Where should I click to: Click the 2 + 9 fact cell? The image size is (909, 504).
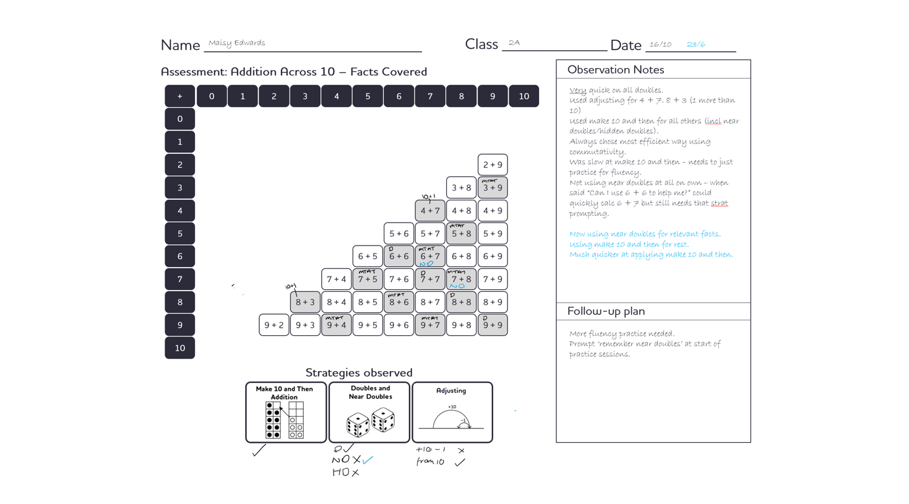coord(493,165)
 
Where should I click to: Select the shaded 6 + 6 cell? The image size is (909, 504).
coord(398,256)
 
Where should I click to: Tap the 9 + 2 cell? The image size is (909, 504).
coord(274,325)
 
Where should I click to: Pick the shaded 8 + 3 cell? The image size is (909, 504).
coord(305,302)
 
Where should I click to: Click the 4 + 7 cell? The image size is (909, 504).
coord(430,211)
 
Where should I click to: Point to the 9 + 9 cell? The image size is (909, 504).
coord(493,325)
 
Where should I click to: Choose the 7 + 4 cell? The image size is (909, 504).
coord(336,279)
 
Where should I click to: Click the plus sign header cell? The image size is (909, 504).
coord(180,96)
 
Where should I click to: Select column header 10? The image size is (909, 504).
coord(523,96)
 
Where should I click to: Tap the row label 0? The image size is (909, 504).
coord(180,119)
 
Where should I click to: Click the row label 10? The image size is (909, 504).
coord(180,348)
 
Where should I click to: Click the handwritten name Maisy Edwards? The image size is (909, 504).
coord(237,43)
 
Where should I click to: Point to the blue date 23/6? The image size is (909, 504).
coord(696,45)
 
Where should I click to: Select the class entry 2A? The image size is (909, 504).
coord(514,43)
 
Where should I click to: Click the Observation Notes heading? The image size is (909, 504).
coord(616,70)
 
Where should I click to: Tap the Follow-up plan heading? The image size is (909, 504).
coord(606,311)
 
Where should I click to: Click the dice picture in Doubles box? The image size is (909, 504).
coord(370,422)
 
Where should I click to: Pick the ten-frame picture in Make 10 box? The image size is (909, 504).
coord(285,420)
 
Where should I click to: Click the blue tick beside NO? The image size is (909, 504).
coord(368,459)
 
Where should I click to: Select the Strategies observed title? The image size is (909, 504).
coord(359,372)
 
